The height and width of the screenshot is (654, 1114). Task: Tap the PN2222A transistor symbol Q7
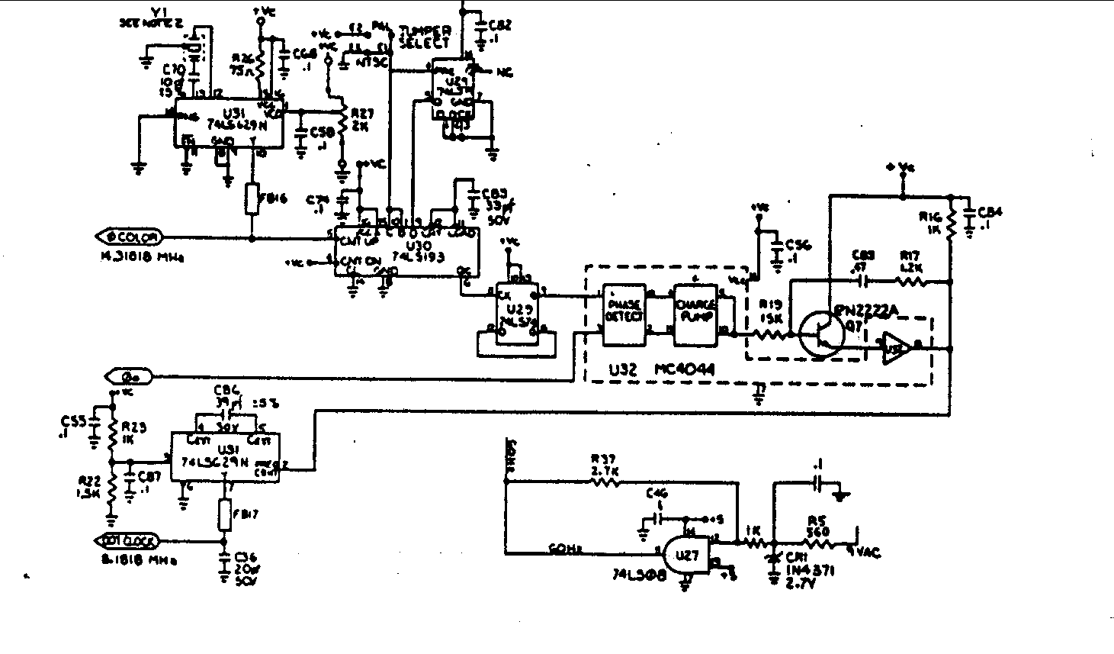click(x=822, y=333)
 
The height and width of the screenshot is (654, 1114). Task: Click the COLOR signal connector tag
click(x=129, y=237)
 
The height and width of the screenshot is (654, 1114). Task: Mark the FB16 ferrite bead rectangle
click(x=252, y=200)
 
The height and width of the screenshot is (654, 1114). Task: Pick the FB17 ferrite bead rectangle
click(x=224, y=515)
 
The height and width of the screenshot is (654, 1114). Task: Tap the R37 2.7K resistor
click(x=606, y=482)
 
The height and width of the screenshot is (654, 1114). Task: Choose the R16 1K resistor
click(x=951, y=224)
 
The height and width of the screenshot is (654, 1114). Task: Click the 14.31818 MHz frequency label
click(x=142, y=257)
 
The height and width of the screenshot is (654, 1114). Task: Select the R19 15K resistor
click(x=769, y=333)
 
